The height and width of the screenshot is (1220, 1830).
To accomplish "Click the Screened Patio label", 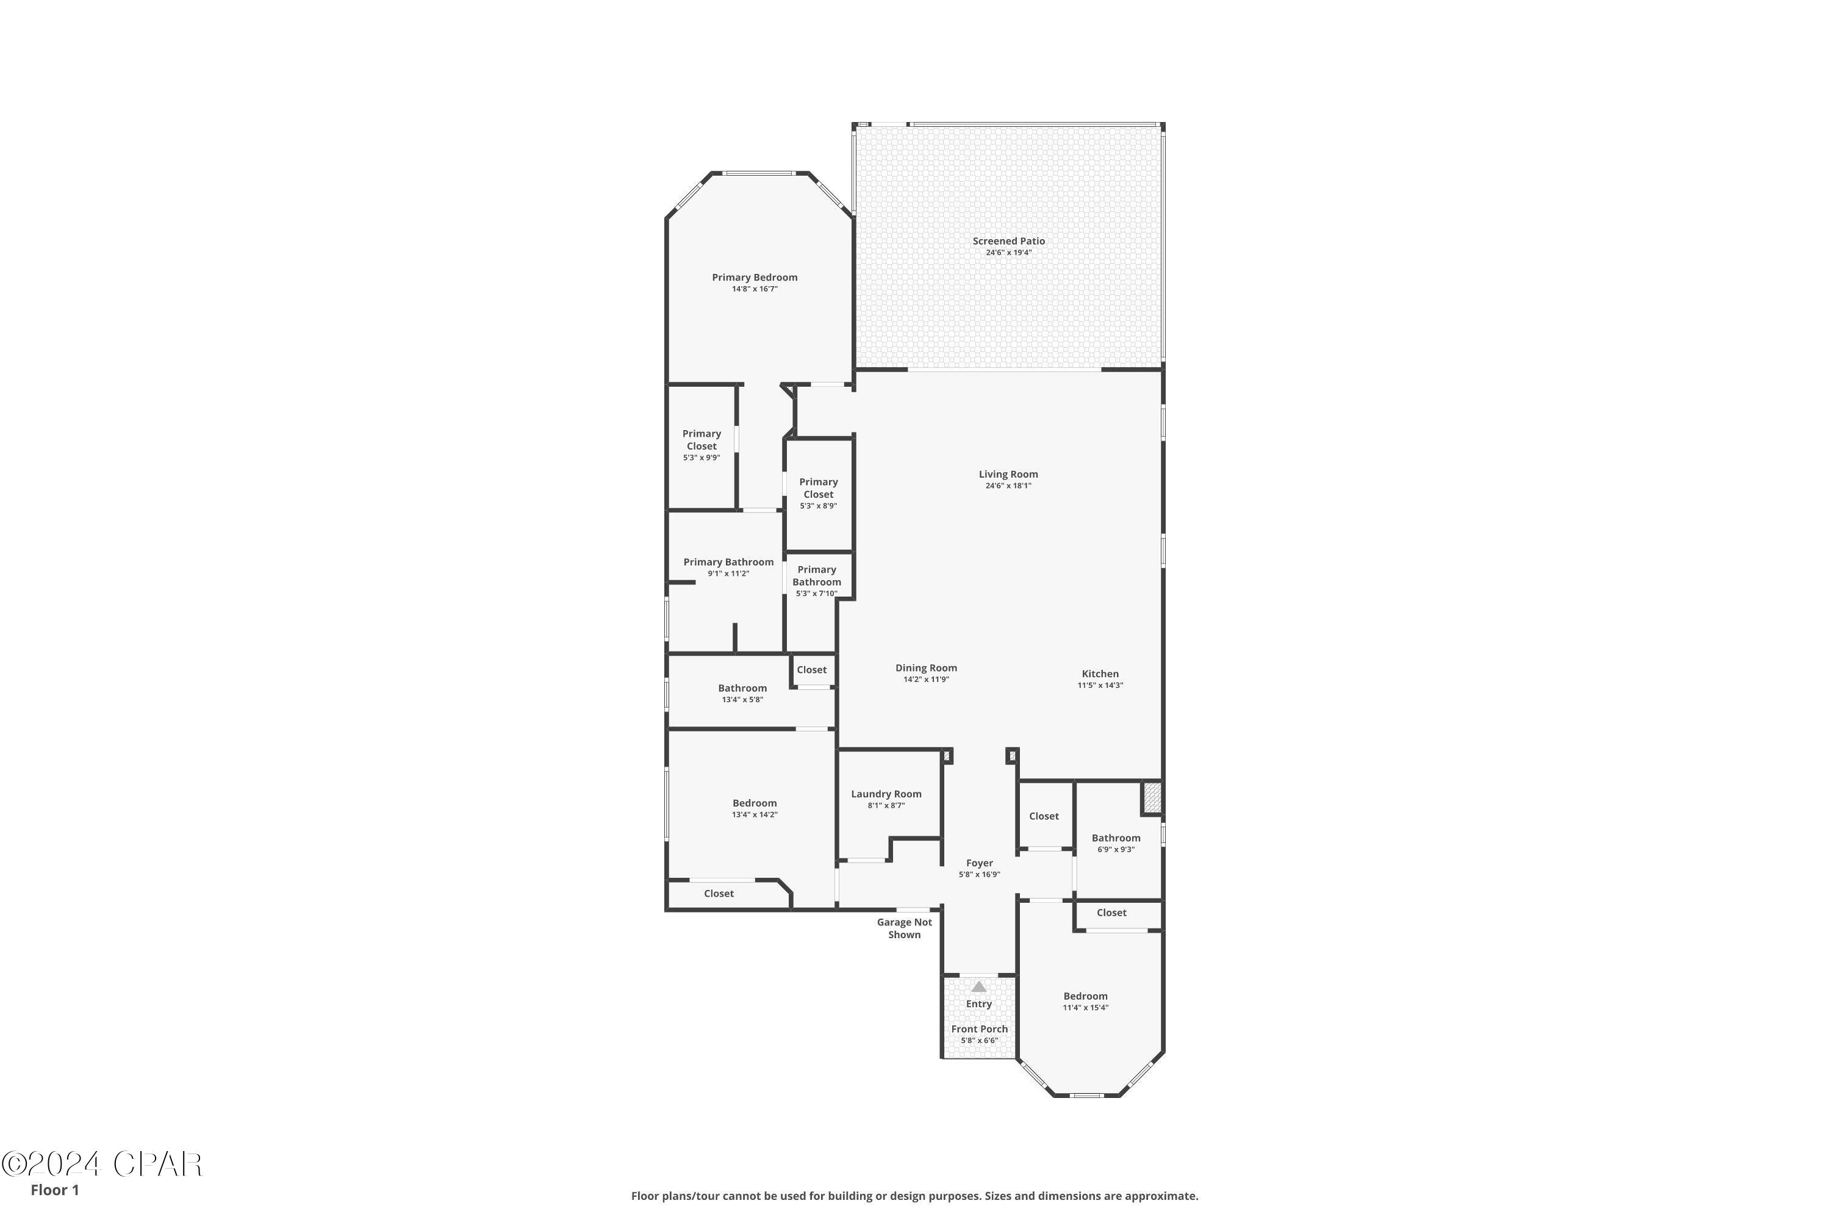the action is point(1008,241).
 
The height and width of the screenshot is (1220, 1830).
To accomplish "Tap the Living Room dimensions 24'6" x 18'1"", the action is point(1008,486).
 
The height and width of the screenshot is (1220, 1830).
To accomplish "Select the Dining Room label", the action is point(926,667).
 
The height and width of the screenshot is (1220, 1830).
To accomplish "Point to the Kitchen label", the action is point(1100,674).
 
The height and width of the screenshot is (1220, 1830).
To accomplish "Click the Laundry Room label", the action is point(886,794).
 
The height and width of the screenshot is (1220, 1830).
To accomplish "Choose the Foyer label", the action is point(980,863).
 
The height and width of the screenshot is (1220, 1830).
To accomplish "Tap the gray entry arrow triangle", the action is point(979,986).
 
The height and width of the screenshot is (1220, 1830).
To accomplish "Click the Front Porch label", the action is point(980,1028).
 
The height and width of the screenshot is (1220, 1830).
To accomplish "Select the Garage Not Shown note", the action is point(904,928).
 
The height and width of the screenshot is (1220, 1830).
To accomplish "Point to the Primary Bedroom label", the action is point(755,277).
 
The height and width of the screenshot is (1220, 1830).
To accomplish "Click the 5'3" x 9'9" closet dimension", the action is point(702,457).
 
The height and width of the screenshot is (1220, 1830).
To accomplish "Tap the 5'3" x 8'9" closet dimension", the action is point(819,506).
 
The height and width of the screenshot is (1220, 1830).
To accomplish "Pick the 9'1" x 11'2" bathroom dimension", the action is point(728,573).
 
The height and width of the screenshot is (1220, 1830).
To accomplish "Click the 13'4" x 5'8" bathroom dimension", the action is point(742,700).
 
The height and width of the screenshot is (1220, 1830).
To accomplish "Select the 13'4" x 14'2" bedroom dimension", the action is point(755,814).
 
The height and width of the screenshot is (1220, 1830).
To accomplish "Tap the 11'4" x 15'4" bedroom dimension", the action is point(1085,1008).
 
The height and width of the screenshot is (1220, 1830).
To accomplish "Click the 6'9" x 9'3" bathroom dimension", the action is point(1116,850).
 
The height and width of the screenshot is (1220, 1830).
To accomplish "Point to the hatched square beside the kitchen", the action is point(1152,798).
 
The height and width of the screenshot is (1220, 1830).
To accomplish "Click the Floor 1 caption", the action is point(54,1189).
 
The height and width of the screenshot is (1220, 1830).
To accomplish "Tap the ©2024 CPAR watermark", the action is point(102,1164).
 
